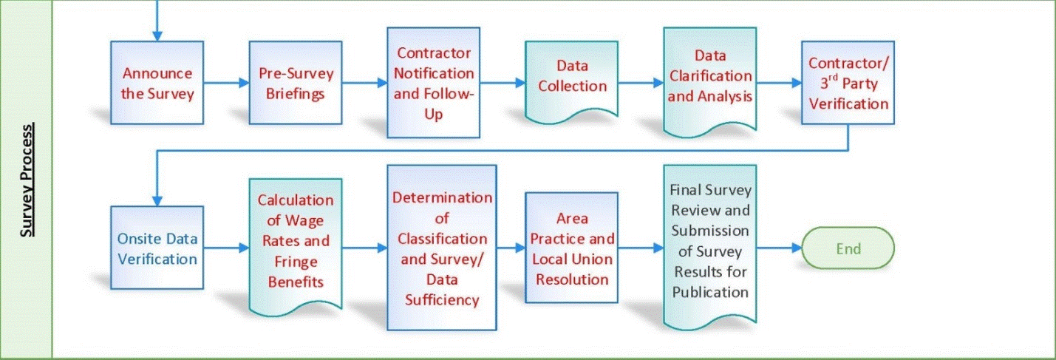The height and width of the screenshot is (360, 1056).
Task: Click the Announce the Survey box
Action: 157,83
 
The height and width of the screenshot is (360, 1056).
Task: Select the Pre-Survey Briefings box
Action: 296,83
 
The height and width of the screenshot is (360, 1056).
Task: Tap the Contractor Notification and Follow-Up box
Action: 434,83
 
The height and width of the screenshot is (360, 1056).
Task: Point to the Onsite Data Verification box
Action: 157,248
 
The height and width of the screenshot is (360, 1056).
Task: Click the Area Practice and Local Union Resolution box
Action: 571,248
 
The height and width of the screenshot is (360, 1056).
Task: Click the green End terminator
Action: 848,248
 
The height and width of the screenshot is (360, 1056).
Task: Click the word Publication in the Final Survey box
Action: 709,291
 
